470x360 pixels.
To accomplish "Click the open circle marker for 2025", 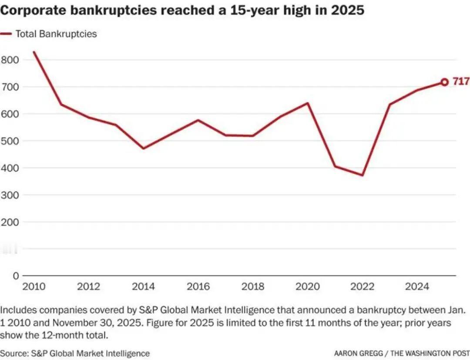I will [x=444, y=82].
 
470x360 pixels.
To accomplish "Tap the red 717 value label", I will [x=460, y=81].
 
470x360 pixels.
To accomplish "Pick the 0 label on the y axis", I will [x=16, y=276].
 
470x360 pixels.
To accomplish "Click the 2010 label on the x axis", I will [x=33, y=286].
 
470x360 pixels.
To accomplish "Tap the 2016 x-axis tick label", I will [x=198, y=286].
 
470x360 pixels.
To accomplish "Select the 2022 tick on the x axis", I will [x=363, y=286].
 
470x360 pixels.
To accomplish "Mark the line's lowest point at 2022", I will [x=363, y=175].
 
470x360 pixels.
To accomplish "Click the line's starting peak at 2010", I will [x=34, y=52].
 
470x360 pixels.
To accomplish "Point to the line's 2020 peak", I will [x=308, y=103].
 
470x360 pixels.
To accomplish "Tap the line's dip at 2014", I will [x=143, y=148].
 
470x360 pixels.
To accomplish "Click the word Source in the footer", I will [x=14, y=353].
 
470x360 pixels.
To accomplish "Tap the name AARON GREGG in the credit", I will [x=359, y=353].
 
